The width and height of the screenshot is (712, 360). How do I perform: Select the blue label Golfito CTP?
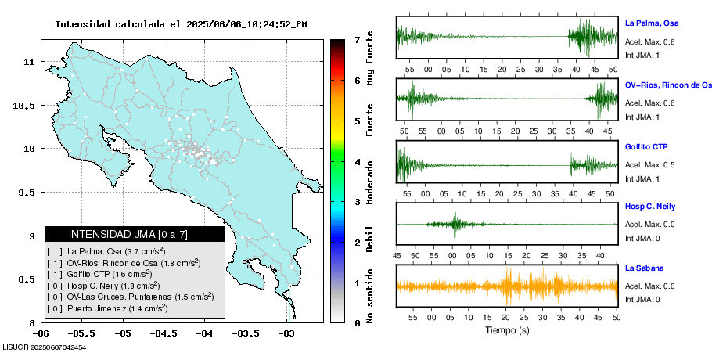tap(645, 147)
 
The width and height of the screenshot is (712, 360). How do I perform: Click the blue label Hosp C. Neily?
tap(650, 207)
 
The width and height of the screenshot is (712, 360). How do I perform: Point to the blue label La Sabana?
tap(644, 268)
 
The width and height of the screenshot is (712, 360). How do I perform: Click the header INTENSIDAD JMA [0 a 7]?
tap(135, 234)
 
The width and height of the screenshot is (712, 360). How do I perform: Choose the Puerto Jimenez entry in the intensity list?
tap(117, 309)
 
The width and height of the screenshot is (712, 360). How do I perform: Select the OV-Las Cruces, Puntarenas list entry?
tap(129, 297)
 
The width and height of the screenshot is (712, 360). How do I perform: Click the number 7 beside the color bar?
tap(357, 39)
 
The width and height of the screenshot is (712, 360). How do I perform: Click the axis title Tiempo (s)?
tap(507, 330)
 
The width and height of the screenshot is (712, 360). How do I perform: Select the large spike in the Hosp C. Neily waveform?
tap(454, 223)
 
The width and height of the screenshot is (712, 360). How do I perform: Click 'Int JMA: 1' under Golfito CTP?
tap(642, 178)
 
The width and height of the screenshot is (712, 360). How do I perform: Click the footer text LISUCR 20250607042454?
tap(45, 347)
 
